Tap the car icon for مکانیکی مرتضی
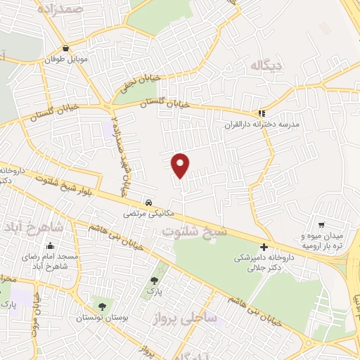coord(147,201)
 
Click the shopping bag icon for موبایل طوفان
coord(66,49)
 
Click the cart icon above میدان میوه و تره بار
coord(321,224)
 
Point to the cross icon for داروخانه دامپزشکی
coord(264,247)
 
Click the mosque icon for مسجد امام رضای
coord(51,246)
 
